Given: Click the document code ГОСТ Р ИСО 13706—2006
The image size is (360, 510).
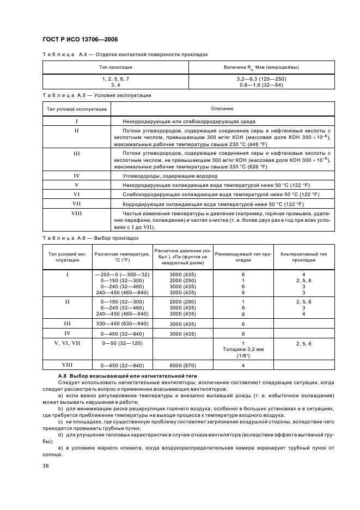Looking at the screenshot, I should tap(80, 40).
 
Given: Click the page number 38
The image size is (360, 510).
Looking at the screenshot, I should tap(45, 466).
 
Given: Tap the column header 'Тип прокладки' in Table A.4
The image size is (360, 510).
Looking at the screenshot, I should tap(115, 68).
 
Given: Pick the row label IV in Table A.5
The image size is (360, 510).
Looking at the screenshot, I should tap(77, 176).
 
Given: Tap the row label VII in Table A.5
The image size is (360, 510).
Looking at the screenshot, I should tap(77, 203).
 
